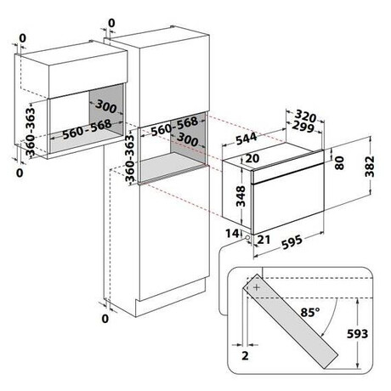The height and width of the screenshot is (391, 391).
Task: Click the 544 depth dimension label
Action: click(x=246, y=139)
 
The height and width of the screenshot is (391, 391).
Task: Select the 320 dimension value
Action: click(x=305, y=116)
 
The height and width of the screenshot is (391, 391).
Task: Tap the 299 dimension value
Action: click(x=303, y=127)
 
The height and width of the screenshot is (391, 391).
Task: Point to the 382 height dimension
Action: click(x=370, y=167)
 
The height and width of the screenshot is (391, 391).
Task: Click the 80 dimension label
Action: click(x=339, y=163)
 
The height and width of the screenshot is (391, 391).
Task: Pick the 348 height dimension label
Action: click(x=241, y=196)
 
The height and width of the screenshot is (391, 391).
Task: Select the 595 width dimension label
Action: click(x=292, y=242)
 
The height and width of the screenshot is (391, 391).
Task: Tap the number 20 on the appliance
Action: click(x=252, y=158)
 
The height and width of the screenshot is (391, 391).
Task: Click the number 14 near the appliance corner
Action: click(x=232, y=234)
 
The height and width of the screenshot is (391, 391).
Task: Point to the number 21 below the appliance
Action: click(x=263, y=240)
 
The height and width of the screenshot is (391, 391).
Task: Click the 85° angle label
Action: click(x=310, y=313)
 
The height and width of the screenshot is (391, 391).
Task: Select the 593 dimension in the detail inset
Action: click(x=358, y=334)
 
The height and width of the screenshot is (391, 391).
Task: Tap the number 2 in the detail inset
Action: click(x=245, y=356)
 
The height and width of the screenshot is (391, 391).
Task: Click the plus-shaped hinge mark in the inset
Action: click(x=257, y=287)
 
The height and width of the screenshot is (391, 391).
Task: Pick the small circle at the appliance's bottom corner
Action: click(x=247, y=237)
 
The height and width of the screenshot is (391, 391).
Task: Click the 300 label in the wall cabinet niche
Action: click(x=106, y=106)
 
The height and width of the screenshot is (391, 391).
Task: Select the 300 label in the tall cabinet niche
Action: click(x=187, y=139)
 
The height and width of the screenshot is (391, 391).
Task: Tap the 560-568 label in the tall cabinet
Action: click(x=174, y=127)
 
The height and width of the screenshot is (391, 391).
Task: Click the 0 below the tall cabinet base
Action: click(x=105, y=319)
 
